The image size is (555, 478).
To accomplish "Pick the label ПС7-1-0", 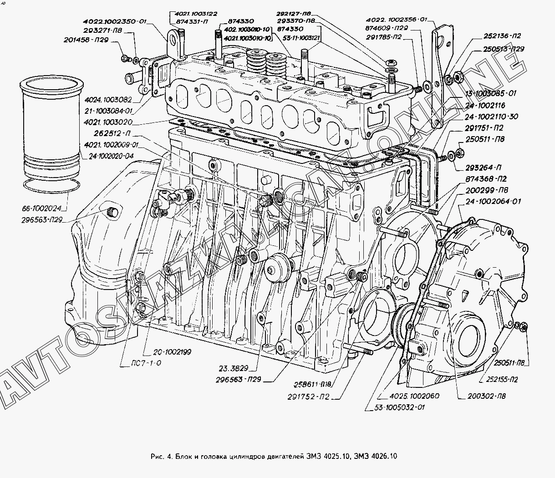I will (145, 363).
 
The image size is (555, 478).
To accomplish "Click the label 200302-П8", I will (486, 396).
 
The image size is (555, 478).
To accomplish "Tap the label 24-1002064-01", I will (494, 201).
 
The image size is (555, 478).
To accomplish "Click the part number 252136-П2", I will (503, 36).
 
